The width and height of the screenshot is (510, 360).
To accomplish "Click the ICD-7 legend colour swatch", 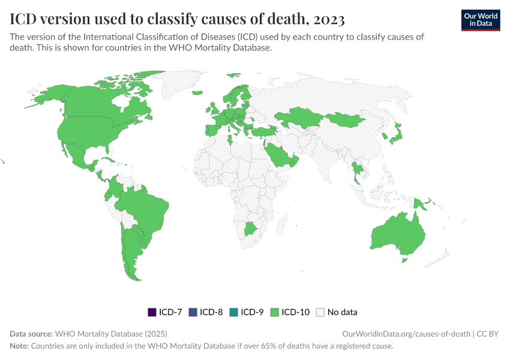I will point(152,312).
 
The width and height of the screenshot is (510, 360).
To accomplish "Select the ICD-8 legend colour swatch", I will point(192,312).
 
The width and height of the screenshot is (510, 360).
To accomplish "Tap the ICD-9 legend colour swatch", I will point(233,312).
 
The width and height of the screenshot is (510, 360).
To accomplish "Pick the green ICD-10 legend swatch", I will point(274,312).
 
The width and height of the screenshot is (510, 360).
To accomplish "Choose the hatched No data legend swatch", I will point(320,312).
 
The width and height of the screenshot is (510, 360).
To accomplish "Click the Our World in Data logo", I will point(480,20).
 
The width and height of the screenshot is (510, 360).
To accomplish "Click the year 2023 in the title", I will point(328,20).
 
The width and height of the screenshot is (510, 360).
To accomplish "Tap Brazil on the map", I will point(147,210).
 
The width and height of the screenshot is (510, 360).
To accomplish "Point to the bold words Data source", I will point(31,334).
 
